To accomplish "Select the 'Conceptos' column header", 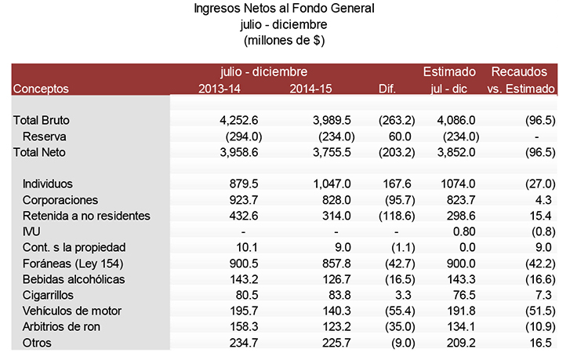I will (41, 89).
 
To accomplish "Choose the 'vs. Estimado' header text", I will (521, 89).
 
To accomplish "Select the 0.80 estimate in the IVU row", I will (465, 232).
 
